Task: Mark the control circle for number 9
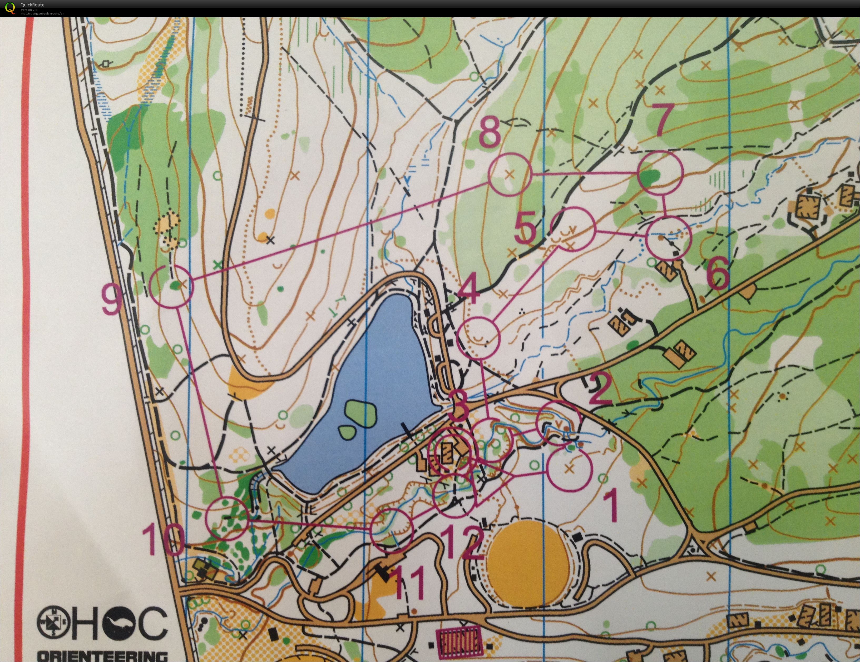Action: [x=172, y=286]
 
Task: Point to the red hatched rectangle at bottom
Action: [x=459, y=640]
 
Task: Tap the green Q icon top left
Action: [x=9, y=8]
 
